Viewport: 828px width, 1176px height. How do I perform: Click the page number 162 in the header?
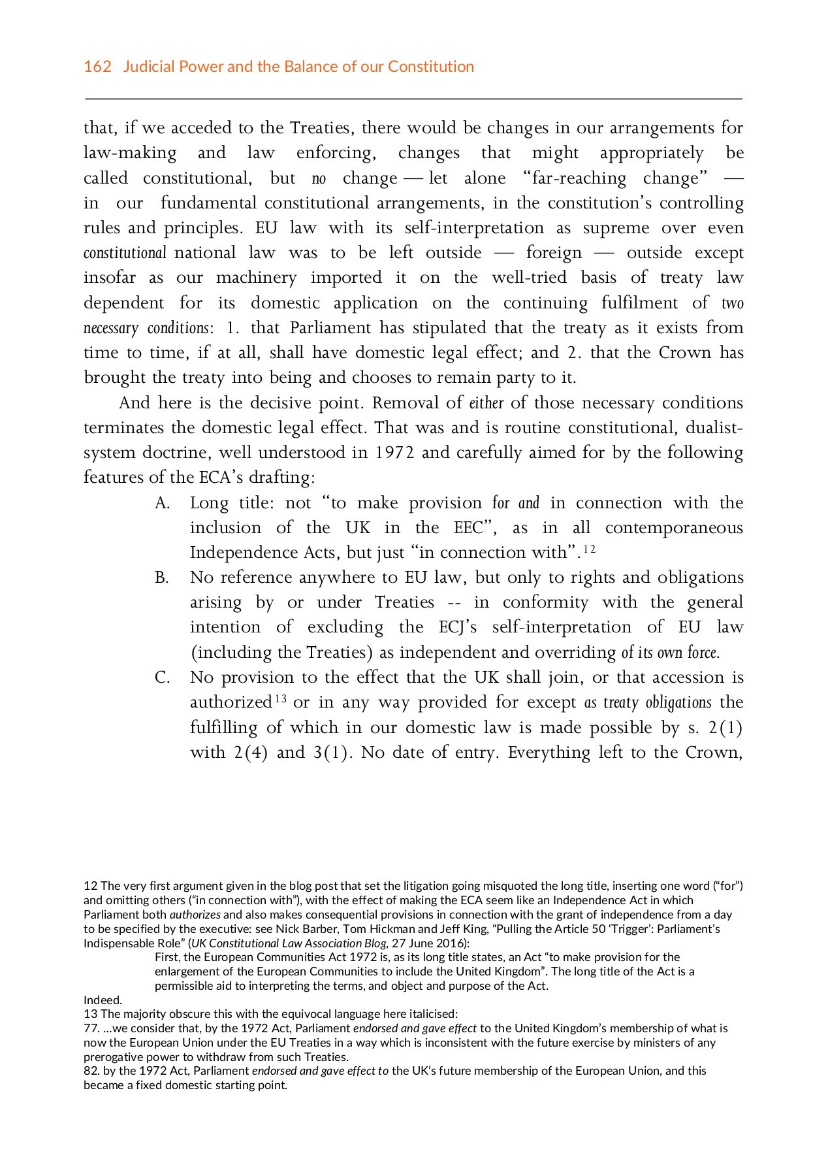coord(97,67)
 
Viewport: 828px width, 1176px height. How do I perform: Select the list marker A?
coord(162,503)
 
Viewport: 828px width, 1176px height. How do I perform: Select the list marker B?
coord(162,578)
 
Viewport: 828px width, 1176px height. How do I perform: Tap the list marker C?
coord(162,678)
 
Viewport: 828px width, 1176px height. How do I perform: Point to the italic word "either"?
coord(486,403)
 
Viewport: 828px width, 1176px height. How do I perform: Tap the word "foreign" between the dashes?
coord(554,253)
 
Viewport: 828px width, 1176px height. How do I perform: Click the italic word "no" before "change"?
coord(319,178)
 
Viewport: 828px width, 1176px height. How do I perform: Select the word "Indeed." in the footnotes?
coord(103,1000)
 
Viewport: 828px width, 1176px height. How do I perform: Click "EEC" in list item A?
coord(468,528)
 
